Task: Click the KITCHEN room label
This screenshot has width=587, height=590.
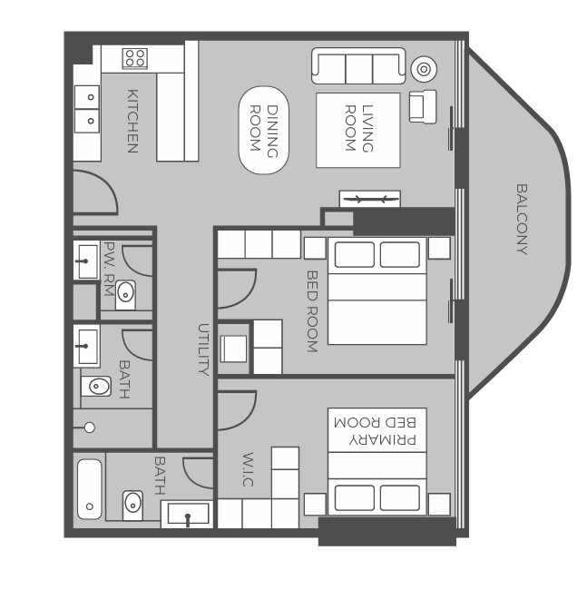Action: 132,121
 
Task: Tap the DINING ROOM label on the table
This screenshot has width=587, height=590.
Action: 264,130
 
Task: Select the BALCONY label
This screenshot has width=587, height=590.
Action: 522,220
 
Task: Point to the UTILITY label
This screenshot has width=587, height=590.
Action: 203,349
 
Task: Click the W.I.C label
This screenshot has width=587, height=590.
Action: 248,469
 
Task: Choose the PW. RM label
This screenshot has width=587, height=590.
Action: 109,269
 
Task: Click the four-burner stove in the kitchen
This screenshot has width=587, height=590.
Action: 135,58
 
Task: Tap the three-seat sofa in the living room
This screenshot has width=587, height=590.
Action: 358,66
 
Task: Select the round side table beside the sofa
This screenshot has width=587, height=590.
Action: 424,69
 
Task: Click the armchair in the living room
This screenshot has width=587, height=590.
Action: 423,106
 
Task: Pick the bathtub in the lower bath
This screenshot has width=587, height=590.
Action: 90,489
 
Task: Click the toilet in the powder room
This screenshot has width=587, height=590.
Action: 125,294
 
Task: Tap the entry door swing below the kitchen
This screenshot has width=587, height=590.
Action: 95,192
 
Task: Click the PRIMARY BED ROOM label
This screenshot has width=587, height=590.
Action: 375,431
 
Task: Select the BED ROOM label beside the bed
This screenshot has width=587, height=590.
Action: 312,311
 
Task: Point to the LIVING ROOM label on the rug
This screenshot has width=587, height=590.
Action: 358,128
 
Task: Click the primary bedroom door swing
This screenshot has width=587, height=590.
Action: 237,411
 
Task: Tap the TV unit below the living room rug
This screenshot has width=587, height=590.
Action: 369,199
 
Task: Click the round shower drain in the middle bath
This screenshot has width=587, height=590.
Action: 90,428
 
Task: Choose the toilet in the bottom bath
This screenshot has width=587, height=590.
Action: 132,505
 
